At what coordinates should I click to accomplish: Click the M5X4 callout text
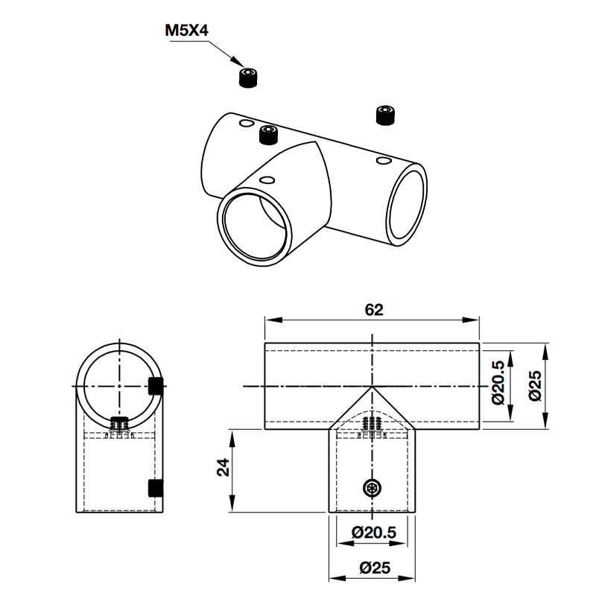click(x=186, y=31)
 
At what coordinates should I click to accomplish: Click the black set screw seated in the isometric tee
click(x=267, y=135)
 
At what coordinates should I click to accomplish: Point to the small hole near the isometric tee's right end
click(x=384, y=160)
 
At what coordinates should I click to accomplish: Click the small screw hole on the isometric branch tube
click(x=267, y=180)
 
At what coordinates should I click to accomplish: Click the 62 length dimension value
click(x=373, y=310)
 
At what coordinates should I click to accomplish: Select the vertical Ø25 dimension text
click(x=533, y=385)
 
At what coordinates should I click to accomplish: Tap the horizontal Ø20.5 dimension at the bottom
click(x=372, y=533)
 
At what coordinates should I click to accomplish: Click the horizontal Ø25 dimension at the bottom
click(x=372, y=568)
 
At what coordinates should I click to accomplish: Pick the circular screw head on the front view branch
click(x=372, y=488)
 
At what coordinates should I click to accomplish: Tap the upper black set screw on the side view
click(x=156, y=386)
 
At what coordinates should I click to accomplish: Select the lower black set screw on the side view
click(x=156, y=488)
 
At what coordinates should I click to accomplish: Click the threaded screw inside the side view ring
click(x=118, y=426)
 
